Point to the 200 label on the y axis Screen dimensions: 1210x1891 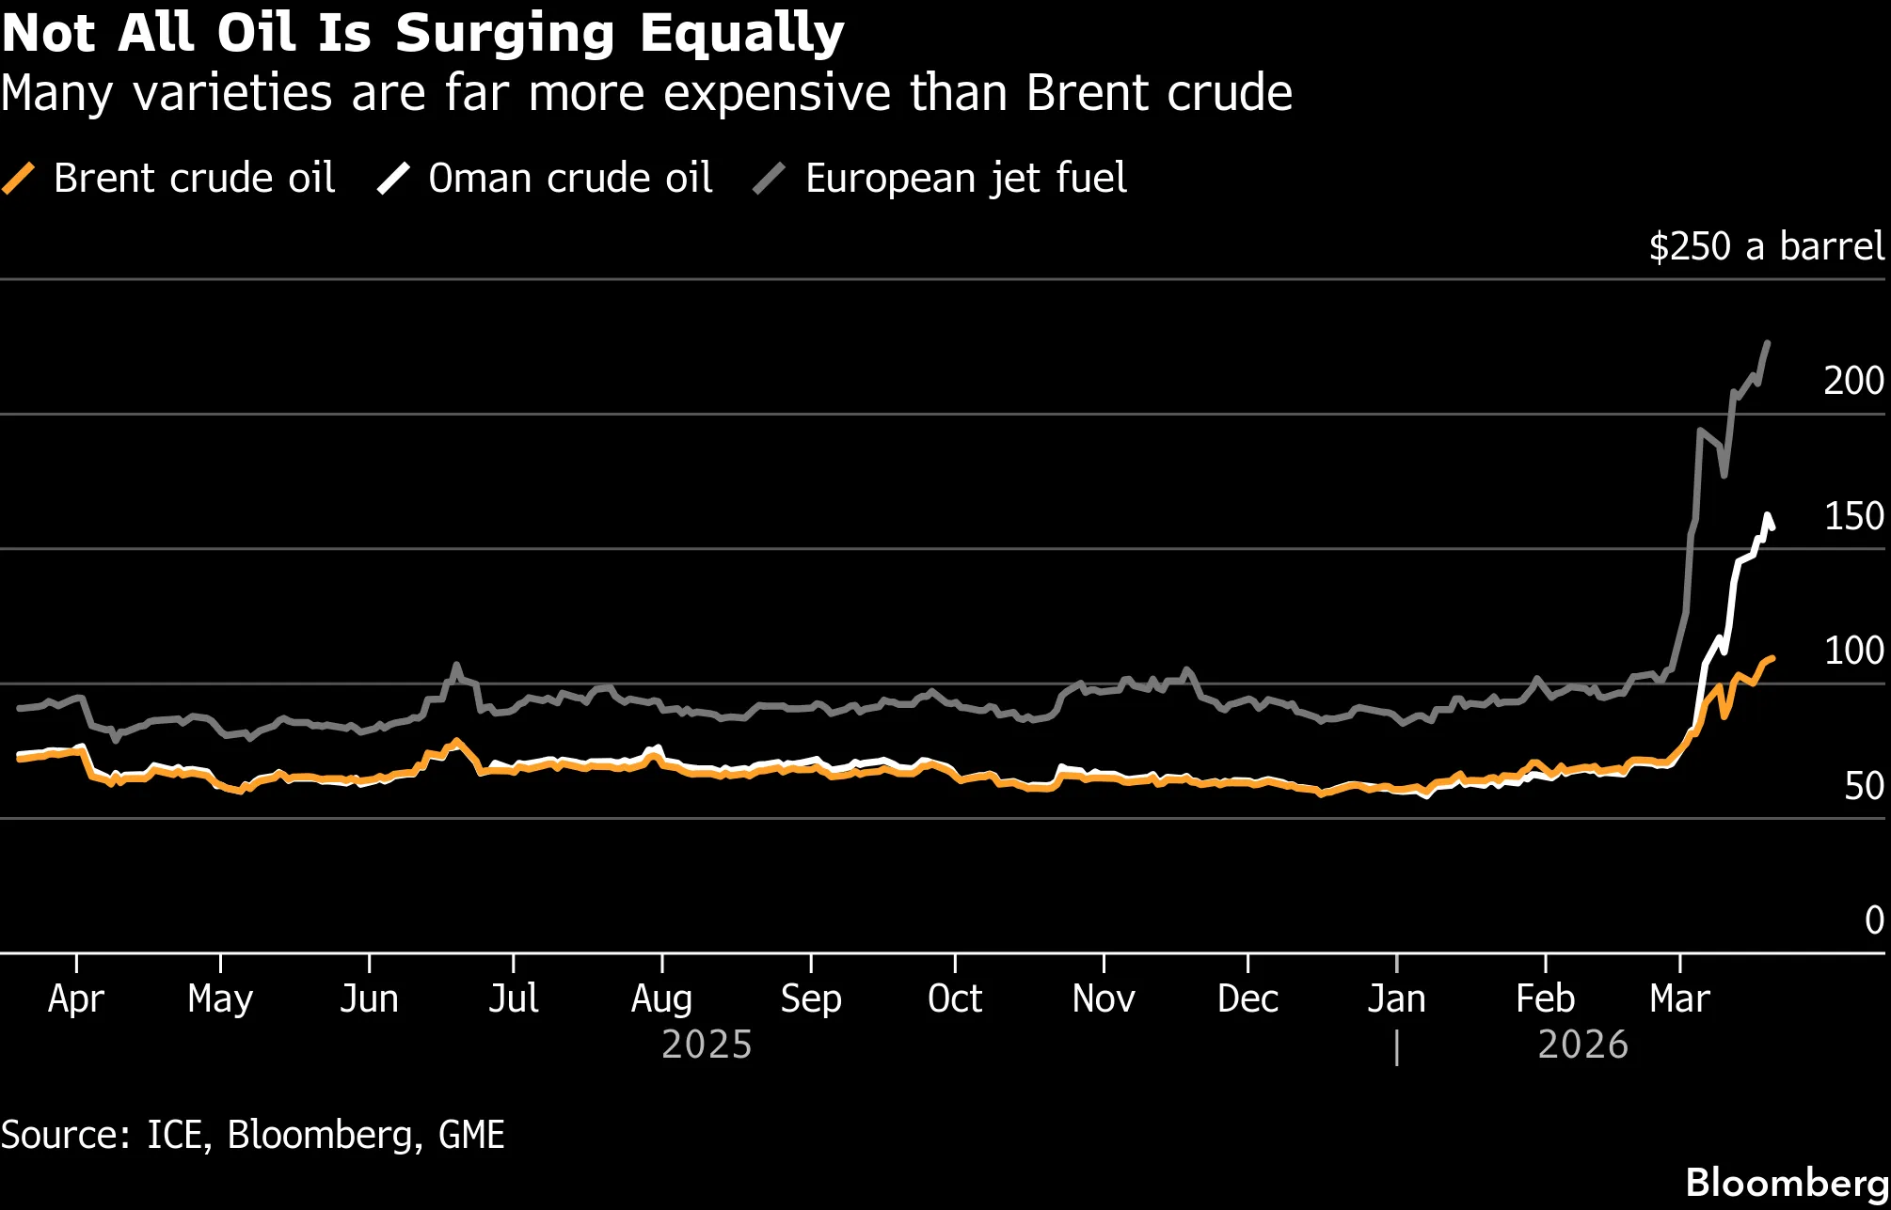point(1852,381)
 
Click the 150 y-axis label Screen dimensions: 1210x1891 point(1852,516)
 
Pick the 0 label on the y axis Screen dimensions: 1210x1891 point(1873,920)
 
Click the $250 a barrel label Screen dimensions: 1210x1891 point(1766,246)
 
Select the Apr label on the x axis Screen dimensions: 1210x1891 point(75,998)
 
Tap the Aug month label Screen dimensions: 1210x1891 point(661,998)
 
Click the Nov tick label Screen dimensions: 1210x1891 point(1103,998)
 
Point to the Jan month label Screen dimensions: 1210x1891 point(1396,998)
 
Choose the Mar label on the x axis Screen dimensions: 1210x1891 point(1679,998)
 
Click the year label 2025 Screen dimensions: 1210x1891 point(707,1045)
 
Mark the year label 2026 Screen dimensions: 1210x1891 point(1582,1045)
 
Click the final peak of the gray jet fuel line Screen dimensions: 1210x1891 point(1768,343)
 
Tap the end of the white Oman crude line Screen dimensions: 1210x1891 point(1772,528)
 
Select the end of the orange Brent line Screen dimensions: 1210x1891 point(1772,658)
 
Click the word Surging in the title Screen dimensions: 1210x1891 point(504,34)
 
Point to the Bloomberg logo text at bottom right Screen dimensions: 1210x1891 point(1786,1183)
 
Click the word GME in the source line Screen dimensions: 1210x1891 point(471,1135)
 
